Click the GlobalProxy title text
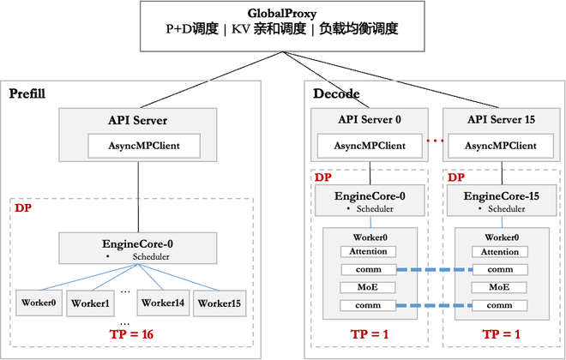(x=282, y=14)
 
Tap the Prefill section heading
(x=27, y=93)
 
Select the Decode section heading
(x=336, y=93)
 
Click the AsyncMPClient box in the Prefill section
(x=144, y=146)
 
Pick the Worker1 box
(x=90, y=303)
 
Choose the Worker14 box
(x=163, y=303)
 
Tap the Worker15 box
(x=220, y=303)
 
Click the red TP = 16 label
(x=132, y=334)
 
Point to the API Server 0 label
(x=370, y=119)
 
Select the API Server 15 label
(x=502, y=119)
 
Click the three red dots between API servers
(x=436, y=141)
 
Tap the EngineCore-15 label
(x=502, y=196)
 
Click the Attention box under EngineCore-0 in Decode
(x=368, y=251)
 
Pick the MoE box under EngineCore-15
(x=499, y=287)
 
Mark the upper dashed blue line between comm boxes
(x=435, y=269)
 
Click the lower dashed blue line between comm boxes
(x=434, y=305)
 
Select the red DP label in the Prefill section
(x=23, y=208)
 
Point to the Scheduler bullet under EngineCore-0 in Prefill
(x=138, y=257)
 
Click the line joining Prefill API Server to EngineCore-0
(x=138, y=197)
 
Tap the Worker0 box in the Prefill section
(x=39, y=303)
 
